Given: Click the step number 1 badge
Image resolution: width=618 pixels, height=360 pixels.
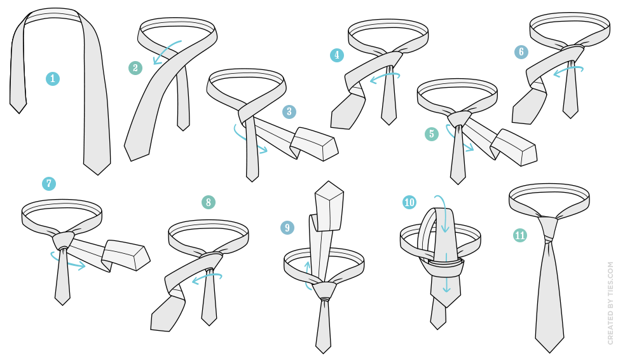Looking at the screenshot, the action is click(x=52, y=79).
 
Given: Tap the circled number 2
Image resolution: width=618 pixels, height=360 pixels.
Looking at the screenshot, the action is click(x=135, y=68).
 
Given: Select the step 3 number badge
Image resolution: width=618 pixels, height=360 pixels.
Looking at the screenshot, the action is click(x=289, y=111).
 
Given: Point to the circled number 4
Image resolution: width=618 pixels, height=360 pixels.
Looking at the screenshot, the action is click(x=336, y=55).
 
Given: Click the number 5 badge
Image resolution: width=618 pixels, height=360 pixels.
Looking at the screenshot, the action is click(x=432, y=134).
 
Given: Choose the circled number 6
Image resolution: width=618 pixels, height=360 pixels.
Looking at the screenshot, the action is click(x=521, y=52).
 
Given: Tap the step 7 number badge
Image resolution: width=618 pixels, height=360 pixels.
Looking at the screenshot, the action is click(x=49, y=184).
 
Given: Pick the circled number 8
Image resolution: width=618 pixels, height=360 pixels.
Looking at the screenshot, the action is click(x=208, y=203).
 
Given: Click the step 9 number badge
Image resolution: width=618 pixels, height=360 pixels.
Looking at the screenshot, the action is click(x=287, y=228).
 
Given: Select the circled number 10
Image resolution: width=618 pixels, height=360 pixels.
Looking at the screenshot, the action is click(x=409, y=203).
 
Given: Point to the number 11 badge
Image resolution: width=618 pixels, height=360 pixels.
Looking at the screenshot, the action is click(x=520, y=235).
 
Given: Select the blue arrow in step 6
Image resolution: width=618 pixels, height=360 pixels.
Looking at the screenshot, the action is click(x=568, y=68).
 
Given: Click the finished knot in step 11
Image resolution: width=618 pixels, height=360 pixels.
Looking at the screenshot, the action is click(x=548, y=229).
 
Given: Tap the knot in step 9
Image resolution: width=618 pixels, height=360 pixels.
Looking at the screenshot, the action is click(x=325, y=291).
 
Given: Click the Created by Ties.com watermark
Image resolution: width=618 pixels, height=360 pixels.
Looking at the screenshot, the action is click(x=611, y=303).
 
